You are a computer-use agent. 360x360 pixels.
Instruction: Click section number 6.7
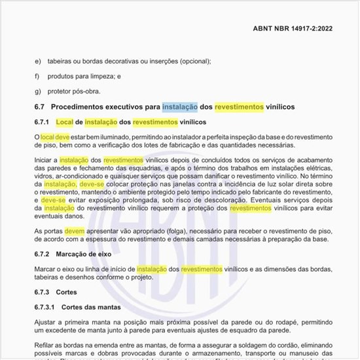click(39, 106)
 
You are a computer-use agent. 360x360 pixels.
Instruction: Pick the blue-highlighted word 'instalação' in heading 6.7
click(180, 106)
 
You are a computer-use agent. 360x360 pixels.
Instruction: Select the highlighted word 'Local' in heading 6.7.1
click(64, 122)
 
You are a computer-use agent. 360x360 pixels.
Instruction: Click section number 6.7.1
click(41, 122)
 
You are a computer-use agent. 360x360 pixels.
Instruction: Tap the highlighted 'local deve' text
click(55, 137)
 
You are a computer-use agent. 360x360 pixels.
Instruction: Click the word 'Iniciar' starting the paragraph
click(45, 160)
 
